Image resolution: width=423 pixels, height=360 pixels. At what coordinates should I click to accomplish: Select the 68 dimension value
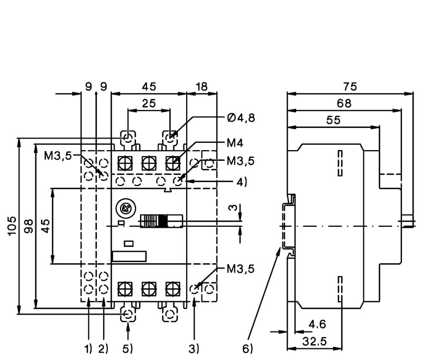pos(344,104)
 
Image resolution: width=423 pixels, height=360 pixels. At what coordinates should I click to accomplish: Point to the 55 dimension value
pos(333,121)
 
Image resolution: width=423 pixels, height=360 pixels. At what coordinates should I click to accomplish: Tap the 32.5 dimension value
pos(315,341)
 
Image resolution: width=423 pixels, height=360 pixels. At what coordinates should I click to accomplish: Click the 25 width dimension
pos(149,104)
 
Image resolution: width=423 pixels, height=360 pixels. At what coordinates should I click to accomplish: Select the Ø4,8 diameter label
pos(241,118)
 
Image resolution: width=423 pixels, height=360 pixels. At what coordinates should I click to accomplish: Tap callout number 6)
pos(247,349)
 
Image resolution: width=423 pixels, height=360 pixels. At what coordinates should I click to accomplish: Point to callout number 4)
pos(242,182)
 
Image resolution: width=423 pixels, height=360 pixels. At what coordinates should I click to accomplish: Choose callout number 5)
pos(127,349)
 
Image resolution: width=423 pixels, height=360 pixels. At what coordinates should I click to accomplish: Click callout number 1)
pos(88,349)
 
